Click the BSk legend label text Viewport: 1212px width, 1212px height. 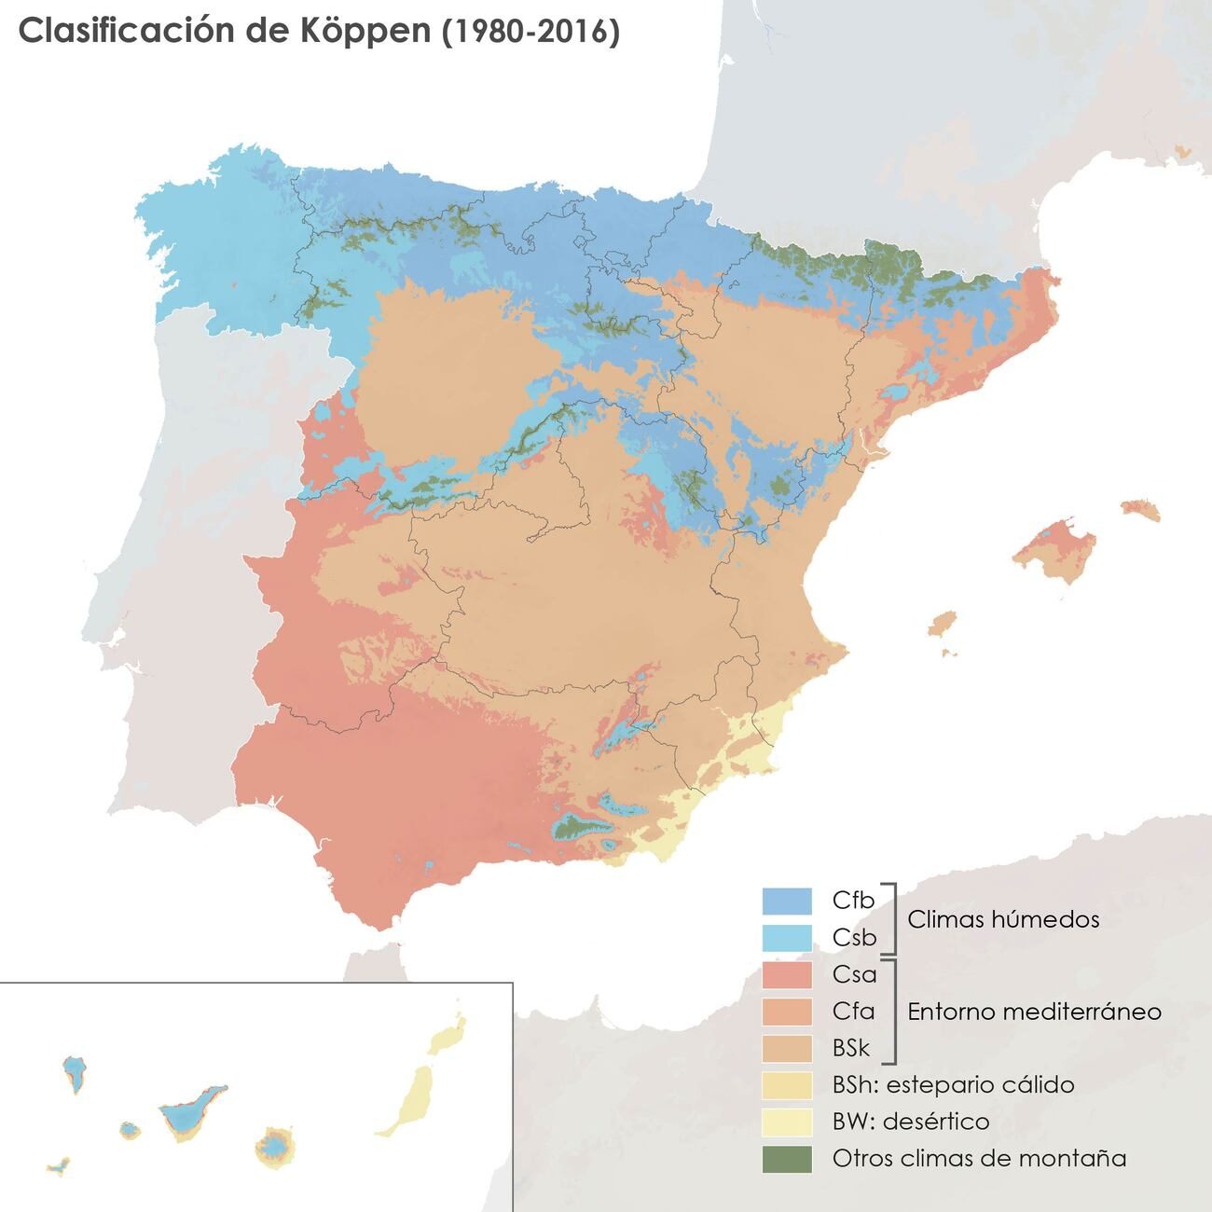click(850, 1048)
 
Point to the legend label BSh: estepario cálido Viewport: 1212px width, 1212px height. click(953, 1085)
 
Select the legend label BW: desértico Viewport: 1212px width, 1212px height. click(910, 1122)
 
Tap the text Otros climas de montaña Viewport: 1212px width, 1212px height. click(979, 1159)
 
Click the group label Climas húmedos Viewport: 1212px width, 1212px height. click(1003, 919)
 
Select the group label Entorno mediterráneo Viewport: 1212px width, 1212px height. click(1034, 1012)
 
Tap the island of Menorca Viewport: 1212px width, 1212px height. click(1140, 509)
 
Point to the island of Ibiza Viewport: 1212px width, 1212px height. click(943, 623)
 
